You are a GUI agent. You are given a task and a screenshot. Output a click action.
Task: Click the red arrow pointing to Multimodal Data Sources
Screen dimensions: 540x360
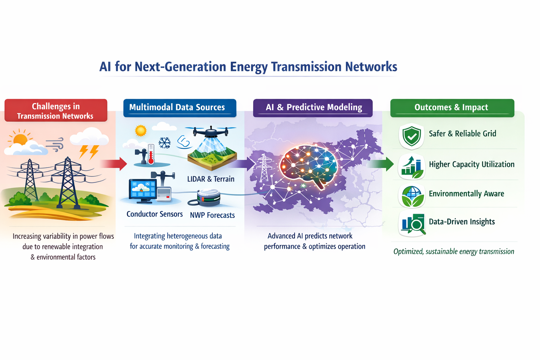(113, 164)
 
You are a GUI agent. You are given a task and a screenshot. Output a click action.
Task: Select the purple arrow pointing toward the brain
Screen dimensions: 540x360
(242, 164)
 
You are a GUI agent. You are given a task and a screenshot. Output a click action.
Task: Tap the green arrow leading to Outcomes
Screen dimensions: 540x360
(380, 164)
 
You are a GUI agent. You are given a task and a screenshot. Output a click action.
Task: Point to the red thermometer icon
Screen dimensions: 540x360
(151, 154)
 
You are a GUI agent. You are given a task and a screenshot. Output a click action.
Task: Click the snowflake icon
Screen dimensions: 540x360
(165, 143)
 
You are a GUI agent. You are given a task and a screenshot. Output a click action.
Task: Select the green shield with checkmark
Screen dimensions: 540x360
(412, 136)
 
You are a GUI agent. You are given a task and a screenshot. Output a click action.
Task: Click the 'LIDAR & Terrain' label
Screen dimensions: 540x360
(211, 179)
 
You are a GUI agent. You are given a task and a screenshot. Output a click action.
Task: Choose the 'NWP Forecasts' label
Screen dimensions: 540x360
(212, 215)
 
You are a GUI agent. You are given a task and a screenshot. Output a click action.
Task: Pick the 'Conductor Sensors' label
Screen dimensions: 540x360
(155, 214)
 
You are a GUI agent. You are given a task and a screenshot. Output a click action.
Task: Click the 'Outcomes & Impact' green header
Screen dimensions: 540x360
(452, 108)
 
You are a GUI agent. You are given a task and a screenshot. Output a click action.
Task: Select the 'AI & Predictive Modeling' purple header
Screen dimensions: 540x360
(313, 108)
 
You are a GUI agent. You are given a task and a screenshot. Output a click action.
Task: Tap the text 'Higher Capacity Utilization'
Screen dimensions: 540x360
(472, 165)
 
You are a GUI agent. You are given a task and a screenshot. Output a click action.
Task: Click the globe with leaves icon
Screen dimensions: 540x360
(412, 196)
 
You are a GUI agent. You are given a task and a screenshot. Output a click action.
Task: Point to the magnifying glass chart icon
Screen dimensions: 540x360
(413, 224)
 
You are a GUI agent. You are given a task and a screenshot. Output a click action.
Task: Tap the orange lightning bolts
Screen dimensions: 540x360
(89, 152)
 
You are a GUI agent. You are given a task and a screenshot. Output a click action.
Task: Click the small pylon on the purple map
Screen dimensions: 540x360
(264, 168)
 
